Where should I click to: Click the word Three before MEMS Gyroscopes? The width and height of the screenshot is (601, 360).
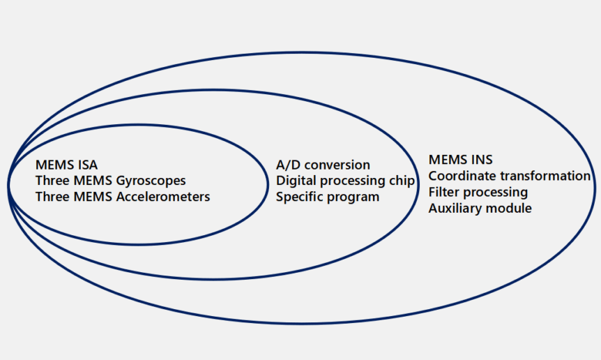(52, 181)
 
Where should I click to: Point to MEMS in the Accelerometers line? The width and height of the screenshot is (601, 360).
(91, 197)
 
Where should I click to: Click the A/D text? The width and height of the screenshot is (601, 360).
(289, 165)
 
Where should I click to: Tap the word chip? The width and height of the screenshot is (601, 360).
(402, 181)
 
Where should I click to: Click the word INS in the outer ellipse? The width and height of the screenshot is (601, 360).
(480, 160)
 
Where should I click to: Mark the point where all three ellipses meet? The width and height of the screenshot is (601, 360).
(10, 174)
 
